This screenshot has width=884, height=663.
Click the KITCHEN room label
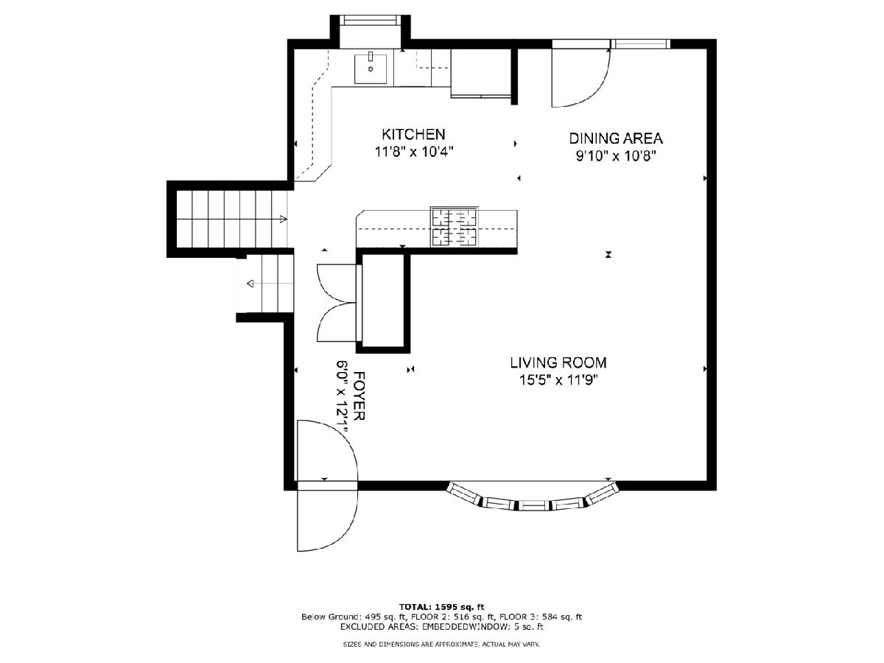[x=413, y=134]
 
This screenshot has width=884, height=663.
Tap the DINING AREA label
[x=616, y=138]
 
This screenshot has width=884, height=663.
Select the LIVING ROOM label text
[x=558, y=362]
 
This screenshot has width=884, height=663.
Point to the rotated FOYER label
[x=359, y=396]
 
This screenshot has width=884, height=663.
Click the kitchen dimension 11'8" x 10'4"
[x=414, y=152]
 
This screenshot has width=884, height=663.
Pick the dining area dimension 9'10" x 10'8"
[x=616, y=155]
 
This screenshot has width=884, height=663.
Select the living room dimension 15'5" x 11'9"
[x=558, y=380]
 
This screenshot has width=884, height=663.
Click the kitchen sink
[x=371, y=69]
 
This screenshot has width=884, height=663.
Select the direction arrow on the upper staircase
[x=283, y=220]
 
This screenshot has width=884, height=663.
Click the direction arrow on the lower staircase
[x=250, y=284]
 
